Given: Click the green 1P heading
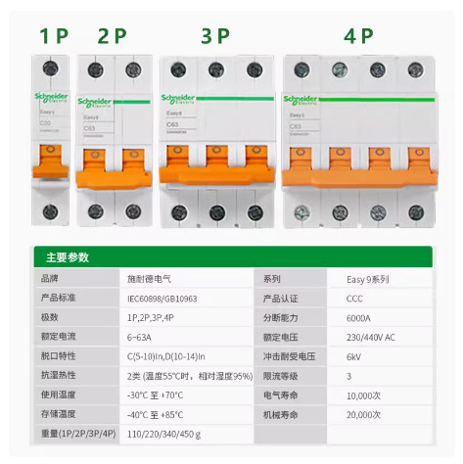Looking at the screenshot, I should [55, 37].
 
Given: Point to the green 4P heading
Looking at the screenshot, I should [359, 37].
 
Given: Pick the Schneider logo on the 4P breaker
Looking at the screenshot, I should [306, 100].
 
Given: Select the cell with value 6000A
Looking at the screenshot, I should [358, 317].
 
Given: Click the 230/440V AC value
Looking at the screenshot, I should [373, 337].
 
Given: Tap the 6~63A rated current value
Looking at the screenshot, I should [144, 337].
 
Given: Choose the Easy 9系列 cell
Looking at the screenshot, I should [368, 279].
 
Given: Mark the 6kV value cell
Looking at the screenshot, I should [354, 356].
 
